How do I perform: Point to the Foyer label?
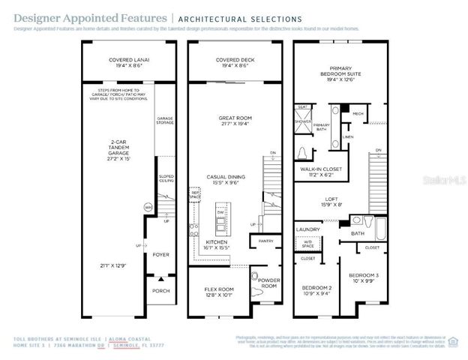coord(160,255)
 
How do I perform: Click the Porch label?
coord(160,290)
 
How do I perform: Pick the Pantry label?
coord(266,241)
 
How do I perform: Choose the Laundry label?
coord(308,229)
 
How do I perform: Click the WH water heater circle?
coord(148,206)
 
